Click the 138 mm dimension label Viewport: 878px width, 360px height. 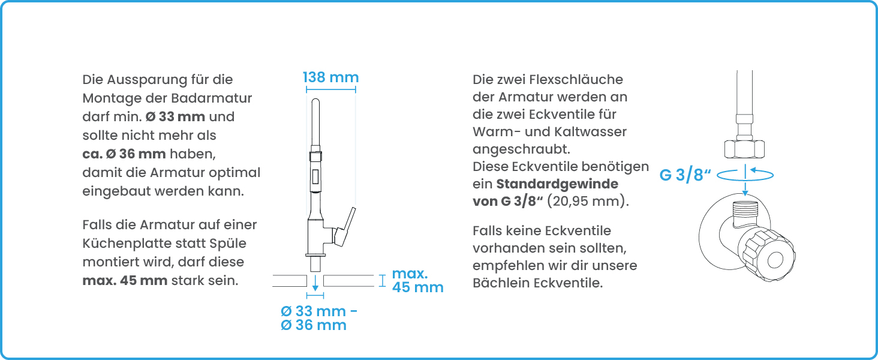click(331, 77)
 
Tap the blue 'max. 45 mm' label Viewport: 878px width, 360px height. click(418, 280)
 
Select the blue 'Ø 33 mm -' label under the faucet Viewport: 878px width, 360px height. click(319, 311)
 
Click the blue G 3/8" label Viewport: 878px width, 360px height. click(685, 175)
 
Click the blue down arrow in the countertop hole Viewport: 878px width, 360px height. click(315, 283)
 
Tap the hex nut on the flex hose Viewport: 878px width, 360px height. click(744, 149)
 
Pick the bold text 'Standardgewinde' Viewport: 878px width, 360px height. click(557, 184)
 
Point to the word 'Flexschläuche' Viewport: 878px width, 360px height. click(576, 80)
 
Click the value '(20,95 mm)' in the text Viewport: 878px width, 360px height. click(588, 201)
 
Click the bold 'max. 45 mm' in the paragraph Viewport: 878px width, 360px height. click(125, 281)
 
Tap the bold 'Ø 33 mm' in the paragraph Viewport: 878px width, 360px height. click(175, 117)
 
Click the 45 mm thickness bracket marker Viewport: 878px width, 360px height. click(382, 281)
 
